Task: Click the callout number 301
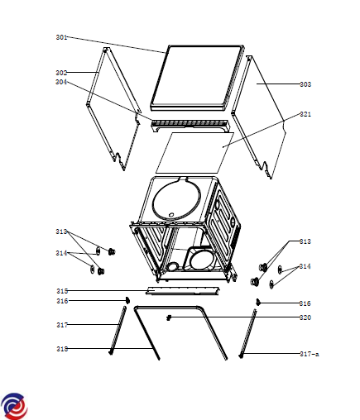(61, 37)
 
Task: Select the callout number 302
(61, 73)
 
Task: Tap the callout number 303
(305, 84)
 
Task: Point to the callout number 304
(61, 82)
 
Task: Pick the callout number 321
(305, 114)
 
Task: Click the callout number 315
(62, 291)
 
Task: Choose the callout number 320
(305, 317)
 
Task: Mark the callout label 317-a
(310, 354)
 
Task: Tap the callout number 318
(62, 349)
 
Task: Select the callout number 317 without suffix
(62, 325)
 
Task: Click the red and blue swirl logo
(14, 406)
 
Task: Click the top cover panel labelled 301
(198, 78)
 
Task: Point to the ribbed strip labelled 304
(190, 125)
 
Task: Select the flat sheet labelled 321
(195, 153)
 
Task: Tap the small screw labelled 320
(169, 317)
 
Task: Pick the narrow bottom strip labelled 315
(183, 291)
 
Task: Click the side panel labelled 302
(113, 109)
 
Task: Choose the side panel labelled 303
(258, 117)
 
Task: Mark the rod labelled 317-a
(247, 333)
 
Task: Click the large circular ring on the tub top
(177, 198)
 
